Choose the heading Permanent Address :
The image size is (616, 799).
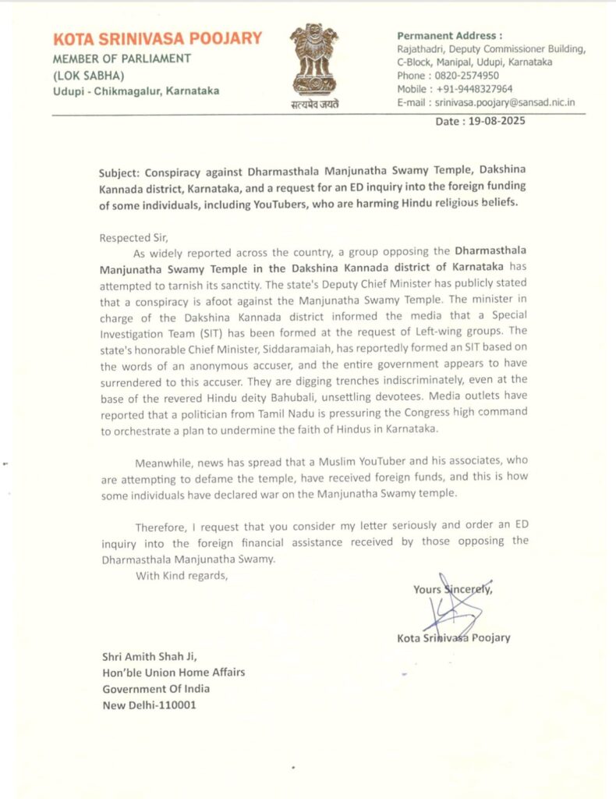coord(450,35)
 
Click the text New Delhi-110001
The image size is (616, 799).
coord(150,705)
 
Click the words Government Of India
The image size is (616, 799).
coord(156,689)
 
